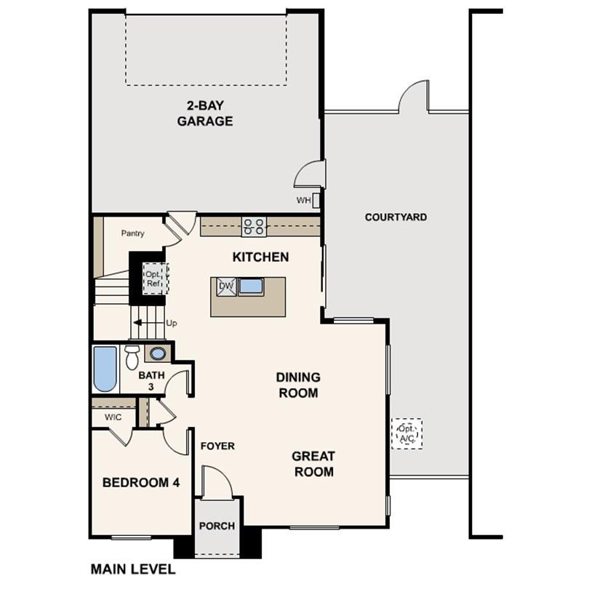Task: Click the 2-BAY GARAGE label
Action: [205, 113]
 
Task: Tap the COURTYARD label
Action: [396, 217]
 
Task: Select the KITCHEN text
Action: [260, 257]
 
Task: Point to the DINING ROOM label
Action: [297, 385]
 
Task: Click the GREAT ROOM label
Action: [313, 464]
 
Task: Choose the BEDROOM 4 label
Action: [141, 482]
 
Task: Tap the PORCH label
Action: [217, 526]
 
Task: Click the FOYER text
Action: [217, 446]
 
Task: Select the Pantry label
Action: [132, 233]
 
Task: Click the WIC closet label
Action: [113, 417]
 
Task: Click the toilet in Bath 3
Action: [132, 357]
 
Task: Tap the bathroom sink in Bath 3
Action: [158, 354]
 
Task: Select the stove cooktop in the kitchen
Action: [254, 226]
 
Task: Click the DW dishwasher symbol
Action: [226, 287]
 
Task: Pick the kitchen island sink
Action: [251, 286]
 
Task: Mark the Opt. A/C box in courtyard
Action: [406, 433]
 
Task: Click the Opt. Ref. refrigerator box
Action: [154, 278]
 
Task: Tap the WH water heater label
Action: [302, 200]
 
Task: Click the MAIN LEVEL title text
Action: [132, 569]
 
